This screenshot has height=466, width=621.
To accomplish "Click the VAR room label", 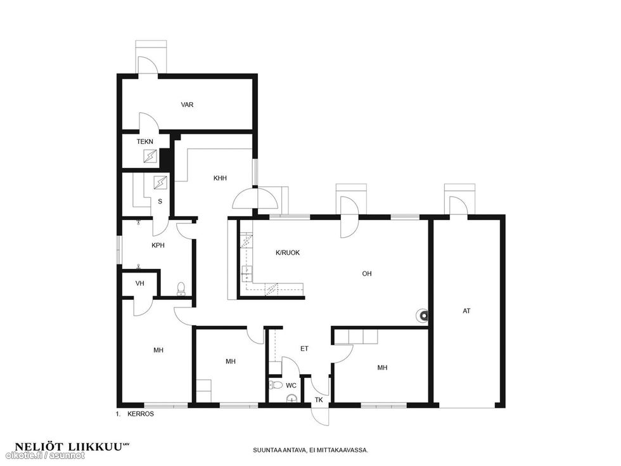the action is click(x=187, y=105).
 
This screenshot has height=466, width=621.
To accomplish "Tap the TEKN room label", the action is click(x=145, y=141).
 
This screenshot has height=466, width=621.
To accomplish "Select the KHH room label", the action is click(x=221, y=178).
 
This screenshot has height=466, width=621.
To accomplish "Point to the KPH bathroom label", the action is click(x=158, y=246).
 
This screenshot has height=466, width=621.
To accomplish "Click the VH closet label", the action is click(x=140, y=284).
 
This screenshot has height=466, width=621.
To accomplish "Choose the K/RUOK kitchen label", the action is click(x=288, y=253).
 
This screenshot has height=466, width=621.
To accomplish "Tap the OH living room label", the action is click(x=367, y=273).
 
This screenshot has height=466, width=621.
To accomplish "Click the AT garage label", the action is click(x=466, y=311).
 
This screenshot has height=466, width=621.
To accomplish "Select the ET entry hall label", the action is click(x=304, y=349).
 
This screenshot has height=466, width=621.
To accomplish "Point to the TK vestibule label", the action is click(x=319, y=400).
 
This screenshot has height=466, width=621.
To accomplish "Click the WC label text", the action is click(x=291, y=385).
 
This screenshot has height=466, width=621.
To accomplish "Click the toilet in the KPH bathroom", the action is click(x=181, y=289).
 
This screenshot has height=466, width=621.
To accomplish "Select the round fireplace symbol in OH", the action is click(x=423, y=316).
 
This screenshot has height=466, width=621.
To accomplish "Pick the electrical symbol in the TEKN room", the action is click(x=150, y=156).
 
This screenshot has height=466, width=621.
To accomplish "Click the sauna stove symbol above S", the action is click(x=160, y=183).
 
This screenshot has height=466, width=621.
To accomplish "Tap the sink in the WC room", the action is click(x=291, y=399).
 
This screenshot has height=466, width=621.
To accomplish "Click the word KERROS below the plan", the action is click(x=141, y=413).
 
